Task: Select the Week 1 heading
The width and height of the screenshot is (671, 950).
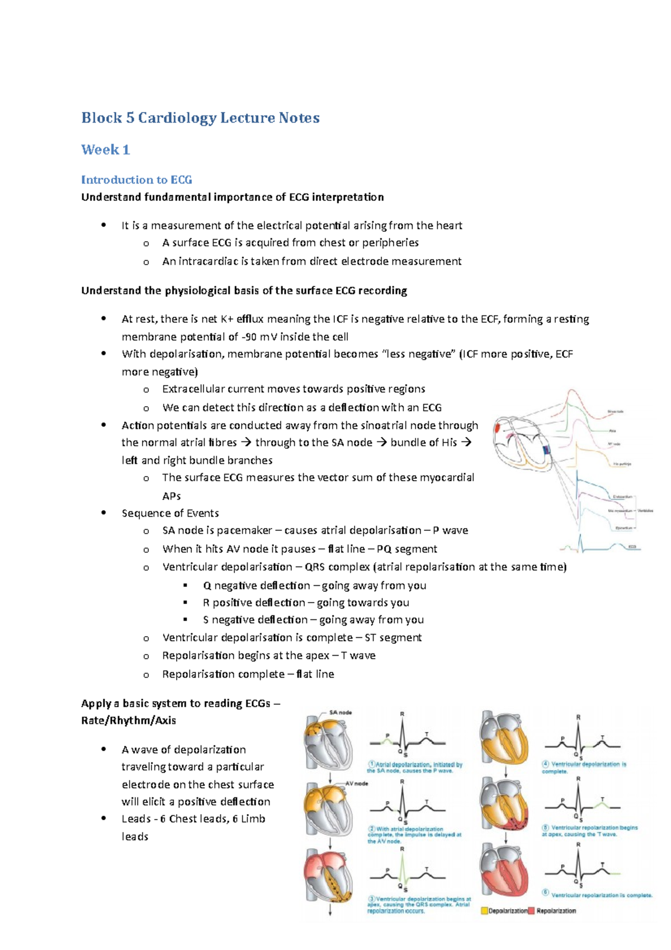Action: pyautogui.click(x=106, y=150)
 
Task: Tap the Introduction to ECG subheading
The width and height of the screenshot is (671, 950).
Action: pyautogui.click(x=136, y=180)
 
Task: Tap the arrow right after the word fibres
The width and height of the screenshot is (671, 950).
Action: pyautogui.click(x=246, y=443)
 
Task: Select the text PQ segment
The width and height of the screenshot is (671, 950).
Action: pyautogui.click(x=407, y=549)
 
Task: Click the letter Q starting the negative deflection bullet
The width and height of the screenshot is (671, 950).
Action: pyautogui.click(x=207, y=586)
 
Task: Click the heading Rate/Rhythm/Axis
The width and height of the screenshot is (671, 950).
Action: pyautogui.click(x=129, y=721)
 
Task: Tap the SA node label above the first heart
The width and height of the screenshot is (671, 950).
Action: pyautogui.click(x=341, y=713)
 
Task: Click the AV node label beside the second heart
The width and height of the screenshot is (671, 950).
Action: pyautogui.click(x=357, y=783)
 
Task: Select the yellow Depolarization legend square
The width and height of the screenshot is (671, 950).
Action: pyautogui.click(x=484, y=911)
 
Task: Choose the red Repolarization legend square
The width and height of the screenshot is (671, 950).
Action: pyautogui.click(x=531, y=911)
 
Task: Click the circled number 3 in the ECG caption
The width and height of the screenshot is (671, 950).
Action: pyautogui.click(x=371, y=899)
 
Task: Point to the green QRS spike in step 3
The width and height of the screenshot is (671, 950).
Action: pyautogui.click(x=402, y=867)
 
